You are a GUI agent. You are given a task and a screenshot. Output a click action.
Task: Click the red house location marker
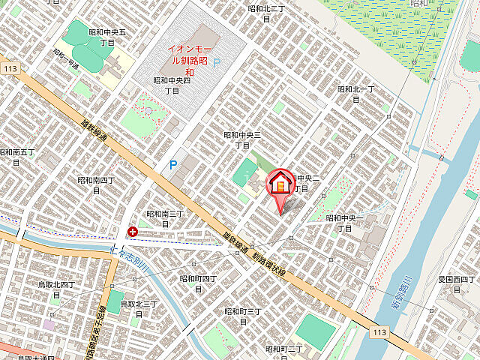point(280,184)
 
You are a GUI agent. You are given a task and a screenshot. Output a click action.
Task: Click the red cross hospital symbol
point(133,232)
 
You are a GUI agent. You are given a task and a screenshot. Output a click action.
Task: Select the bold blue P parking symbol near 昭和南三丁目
point(173,164)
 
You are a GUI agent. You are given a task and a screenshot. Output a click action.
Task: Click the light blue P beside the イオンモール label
point(217,64)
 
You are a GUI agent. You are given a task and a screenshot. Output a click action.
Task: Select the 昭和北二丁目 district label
point(266,9)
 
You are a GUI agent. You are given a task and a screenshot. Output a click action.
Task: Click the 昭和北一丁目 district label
point(355,89)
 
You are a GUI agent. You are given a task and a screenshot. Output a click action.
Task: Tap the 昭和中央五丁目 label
point(106,38)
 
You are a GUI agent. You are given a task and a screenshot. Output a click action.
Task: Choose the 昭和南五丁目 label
point(16,157)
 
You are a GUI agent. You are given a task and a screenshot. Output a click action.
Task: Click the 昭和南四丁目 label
point(96,185)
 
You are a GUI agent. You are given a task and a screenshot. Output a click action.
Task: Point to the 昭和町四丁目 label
point(198,283)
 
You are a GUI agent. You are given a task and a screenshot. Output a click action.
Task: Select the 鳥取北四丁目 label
point(56,289)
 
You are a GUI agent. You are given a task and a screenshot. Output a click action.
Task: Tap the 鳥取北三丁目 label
point(138,308)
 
